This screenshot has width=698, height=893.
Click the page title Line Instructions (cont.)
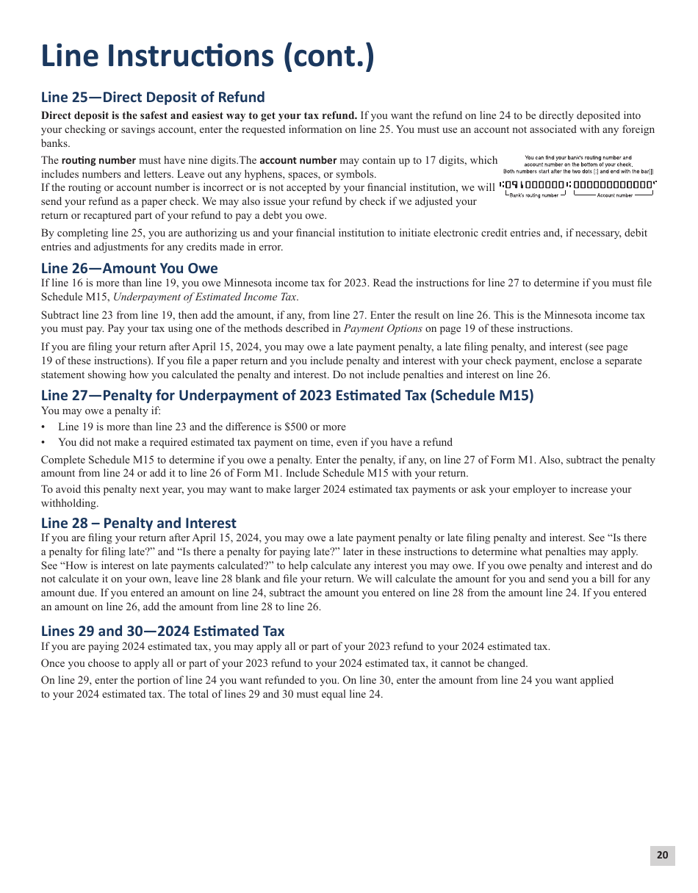[x=207, y=57]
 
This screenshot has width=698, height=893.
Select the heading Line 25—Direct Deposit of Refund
[x=153, y=97]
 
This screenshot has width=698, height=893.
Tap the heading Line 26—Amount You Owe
[x=129, y=268]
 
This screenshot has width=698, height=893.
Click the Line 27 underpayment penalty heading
[x=287, y=395]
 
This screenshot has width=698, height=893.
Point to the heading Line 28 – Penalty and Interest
[x=139, y=523]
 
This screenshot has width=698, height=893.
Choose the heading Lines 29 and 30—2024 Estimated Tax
[x=162, y=631]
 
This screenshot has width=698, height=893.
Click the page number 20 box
[x=662, y=855]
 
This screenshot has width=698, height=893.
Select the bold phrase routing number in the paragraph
[x=98, y=160]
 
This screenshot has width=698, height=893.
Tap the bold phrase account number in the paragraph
[x=298, y=160]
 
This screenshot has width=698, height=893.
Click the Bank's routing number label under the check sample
[x=534, y=195]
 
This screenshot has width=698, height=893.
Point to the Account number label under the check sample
[x=614, y=195]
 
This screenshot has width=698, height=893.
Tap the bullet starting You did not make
[x=255, y=442]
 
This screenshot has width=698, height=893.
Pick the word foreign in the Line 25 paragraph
[x=638, y=129]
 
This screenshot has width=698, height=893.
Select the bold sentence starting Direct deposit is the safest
[x=199, y=115]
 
